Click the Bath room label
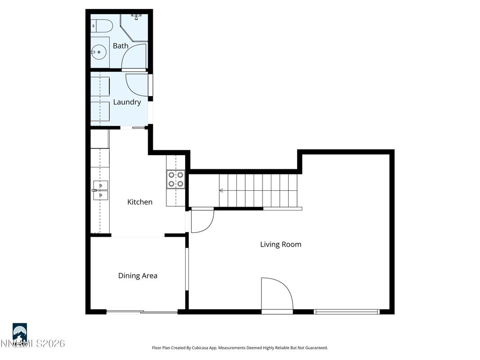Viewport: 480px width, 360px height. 120,46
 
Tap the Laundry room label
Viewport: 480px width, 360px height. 127,102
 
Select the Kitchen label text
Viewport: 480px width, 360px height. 140,202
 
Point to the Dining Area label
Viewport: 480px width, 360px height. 137,276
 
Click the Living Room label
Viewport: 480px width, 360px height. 280,244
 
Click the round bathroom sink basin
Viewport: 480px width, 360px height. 98,52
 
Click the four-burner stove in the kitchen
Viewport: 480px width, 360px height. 175,179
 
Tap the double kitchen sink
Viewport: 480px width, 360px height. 100,190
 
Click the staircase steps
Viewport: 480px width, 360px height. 258,190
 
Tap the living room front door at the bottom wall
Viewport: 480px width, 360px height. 277,294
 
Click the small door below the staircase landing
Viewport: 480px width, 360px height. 202,220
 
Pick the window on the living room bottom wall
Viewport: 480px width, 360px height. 347,311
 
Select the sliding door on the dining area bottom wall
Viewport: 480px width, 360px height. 142,312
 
